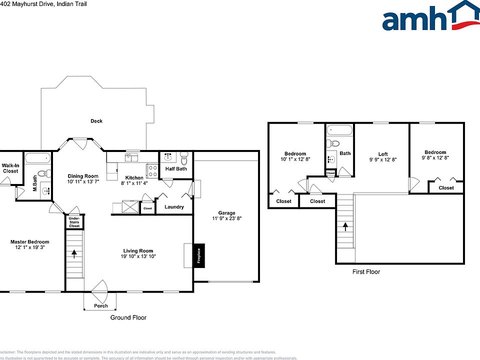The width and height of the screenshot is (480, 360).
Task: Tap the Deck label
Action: click(96, 121)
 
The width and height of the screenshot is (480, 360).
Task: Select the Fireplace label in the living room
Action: click(198, 256)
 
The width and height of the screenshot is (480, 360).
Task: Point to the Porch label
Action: click(101, 306)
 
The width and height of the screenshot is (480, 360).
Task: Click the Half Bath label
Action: click(176, 169)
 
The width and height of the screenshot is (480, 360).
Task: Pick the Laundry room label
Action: click(174, 207)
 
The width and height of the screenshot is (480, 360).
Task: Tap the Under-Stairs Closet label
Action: click(74, 222)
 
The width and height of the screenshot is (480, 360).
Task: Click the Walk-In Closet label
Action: click(10, 168)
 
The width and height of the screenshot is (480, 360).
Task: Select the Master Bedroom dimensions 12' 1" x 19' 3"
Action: click(30, 248)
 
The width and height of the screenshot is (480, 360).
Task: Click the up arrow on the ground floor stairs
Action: click(74, 253)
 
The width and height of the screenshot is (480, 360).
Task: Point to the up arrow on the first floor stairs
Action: click(345, 226)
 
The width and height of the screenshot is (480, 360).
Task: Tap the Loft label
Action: click(383, 154)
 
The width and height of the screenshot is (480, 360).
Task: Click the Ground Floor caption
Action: click(128, 317)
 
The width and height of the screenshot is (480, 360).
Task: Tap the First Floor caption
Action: click(365, 272)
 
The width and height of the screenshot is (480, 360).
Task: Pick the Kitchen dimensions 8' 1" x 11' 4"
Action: click(134, 184)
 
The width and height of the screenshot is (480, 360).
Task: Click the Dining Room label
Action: click(83, 176)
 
